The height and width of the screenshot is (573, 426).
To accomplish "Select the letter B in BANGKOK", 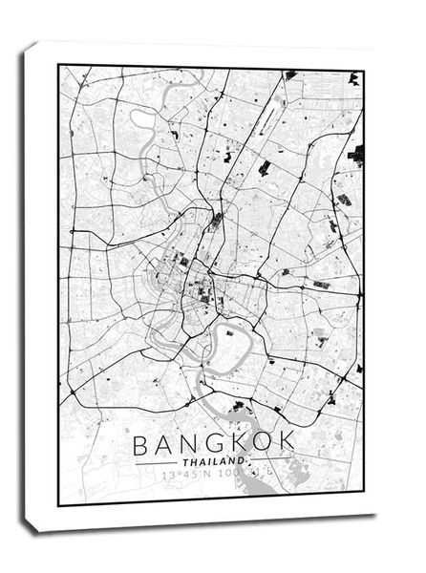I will tap(142, 445).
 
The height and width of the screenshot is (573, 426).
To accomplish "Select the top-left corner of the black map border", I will tap(59, 65).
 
